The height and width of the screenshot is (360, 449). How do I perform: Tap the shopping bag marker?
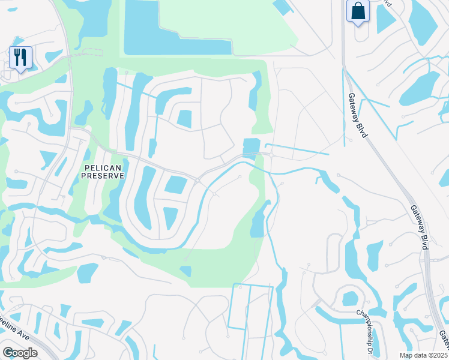pyautogui.click(x=358, y=11)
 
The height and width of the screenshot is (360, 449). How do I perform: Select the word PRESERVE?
pyautogui.click(x=103, y=175)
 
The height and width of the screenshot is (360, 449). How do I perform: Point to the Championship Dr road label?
pyautogui.click(x=366, y=324)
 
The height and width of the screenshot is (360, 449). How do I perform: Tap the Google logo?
pyautogui.click(x=20, y=352)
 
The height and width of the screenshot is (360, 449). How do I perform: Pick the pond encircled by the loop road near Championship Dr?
pyautogui.click(x=349, y=298)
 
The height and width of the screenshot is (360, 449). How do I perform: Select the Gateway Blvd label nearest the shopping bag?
pyautogui.click(x=357, y=114)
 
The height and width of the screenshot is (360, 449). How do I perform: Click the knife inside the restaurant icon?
pyautogui.click(x=24, y=56)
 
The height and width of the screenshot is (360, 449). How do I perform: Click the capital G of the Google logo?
pyautogui.click(x=8, y=352)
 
